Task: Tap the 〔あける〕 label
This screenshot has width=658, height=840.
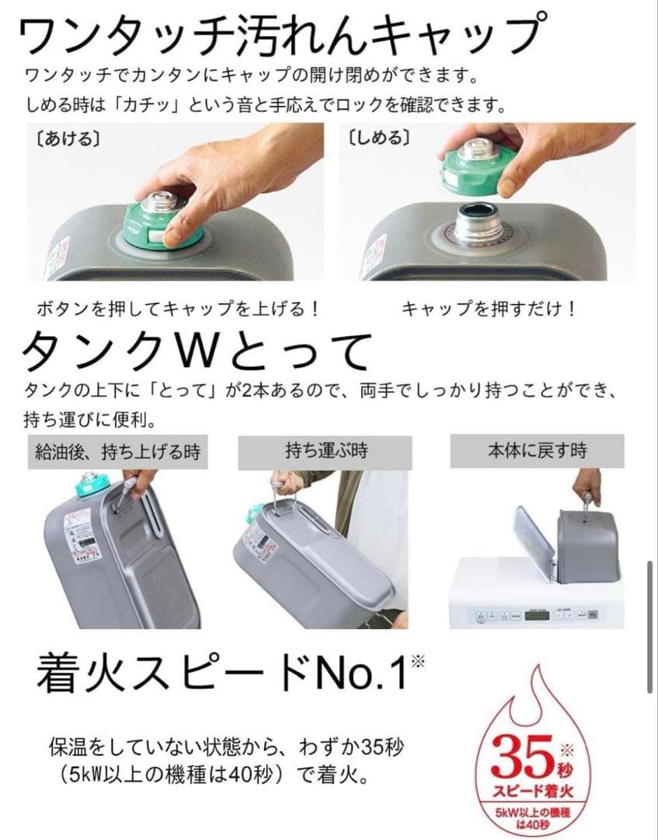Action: point(63,140)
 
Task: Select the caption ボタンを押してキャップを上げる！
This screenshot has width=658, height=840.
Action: point(179,308)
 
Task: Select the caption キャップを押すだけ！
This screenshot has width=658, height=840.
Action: point(489,308)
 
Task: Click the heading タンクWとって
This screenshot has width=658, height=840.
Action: point(194,354)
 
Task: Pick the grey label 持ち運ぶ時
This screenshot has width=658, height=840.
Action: point(326,450)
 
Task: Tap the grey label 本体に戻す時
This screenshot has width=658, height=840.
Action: point(537,450)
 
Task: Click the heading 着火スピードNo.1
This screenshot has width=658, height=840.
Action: point(221,671)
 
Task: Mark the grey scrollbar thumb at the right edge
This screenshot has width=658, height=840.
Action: point(651,626)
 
